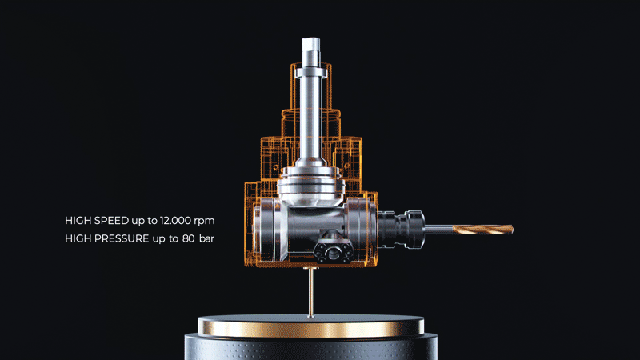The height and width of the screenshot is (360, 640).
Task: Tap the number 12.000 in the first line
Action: point(175,221)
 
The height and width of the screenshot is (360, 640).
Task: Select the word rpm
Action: point(204,222)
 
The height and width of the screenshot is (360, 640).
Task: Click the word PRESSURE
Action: point(122,238)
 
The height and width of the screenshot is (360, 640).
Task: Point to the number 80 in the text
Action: point(189,238)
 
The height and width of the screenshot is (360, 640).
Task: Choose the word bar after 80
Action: point(206,238)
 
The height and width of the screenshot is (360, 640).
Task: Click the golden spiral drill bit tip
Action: point(512,230)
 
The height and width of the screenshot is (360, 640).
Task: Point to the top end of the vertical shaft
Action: point(311,38)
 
